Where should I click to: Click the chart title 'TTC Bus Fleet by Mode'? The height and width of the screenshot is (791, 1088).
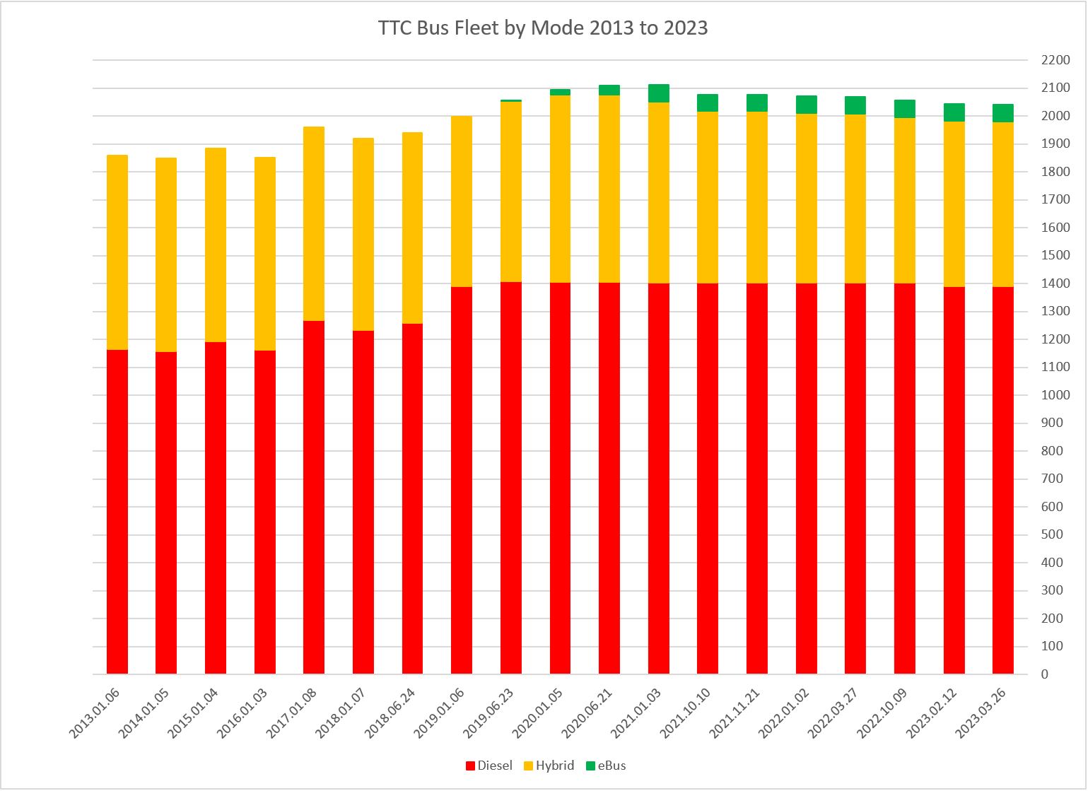point(543,28)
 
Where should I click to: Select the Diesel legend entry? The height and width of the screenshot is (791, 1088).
point(489,766)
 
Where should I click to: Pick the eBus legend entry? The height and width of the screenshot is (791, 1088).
point(605,766)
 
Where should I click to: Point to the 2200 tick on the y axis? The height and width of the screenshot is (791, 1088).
point(1055,61)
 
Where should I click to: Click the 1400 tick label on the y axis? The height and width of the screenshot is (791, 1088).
point(1055,283)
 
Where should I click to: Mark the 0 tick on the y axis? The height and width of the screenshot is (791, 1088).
point(1045,674)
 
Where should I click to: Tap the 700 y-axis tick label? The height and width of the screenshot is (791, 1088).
point(1052,479)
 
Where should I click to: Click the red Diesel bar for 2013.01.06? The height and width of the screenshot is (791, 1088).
point(117,512)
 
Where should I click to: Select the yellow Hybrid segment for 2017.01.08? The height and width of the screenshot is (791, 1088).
point(314,223)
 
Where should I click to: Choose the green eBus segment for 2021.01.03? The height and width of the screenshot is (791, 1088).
point(659,93)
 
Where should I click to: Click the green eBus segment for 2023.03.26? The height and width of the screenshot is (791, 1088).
point(1003,113)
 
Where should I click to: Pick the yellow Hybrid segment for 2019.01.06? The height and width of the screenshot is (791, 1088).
point(462,201)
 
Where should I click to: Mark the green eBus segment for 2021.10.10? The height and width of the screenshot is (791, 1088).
point(708,103)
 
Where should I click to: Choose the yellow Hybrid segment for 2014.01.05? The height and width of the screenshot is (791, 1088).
point(166,254)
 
